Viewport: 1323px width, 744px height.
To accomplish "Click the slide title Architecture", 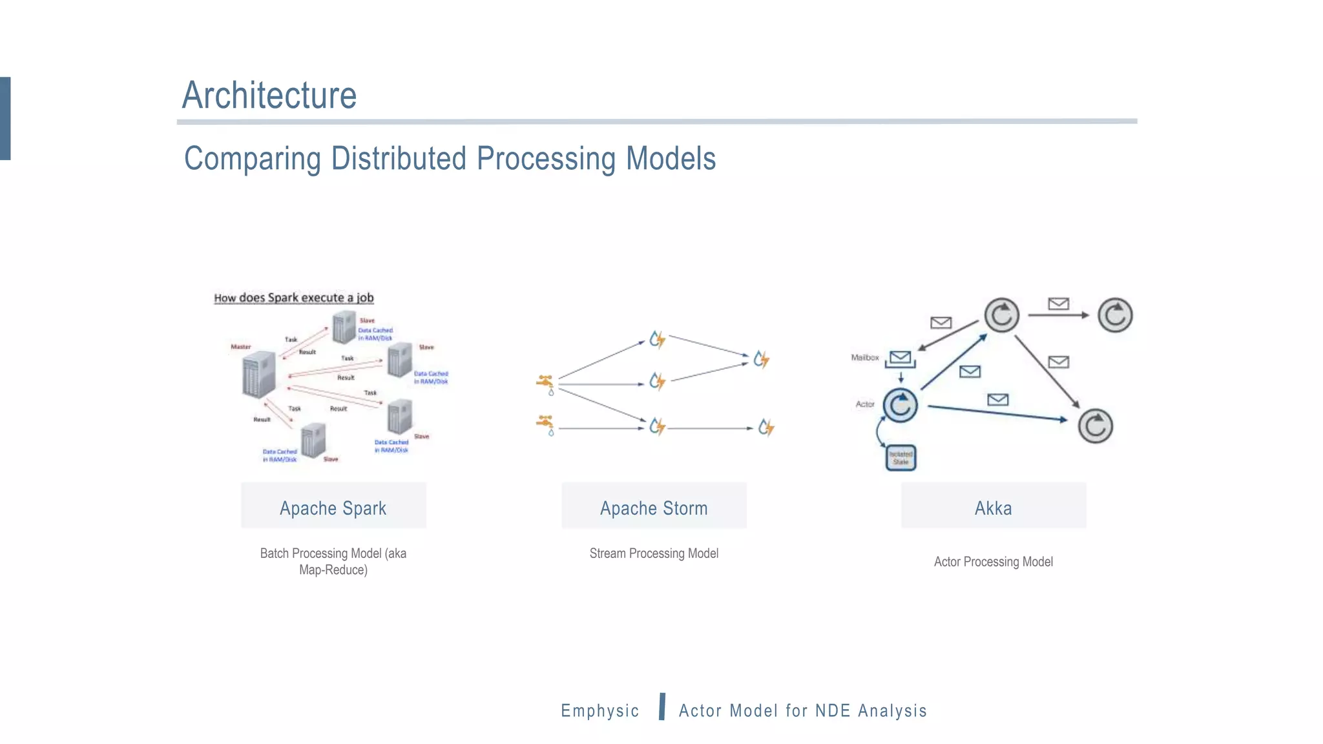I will pos(269,96).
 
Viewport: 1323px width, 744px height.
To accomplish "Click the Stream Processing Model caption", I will pos(654,553).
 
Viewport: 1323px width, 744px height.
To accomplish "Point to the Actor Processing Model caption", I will pos(993,562).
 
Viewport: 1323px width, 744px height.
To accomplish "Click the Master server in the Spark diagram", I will pos(258,375).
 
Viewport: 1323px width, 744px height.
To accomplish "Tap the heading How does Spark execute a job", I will pos(294,298).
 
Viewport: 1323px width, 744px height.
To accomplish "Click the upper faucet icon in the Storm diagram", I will pos(546,383).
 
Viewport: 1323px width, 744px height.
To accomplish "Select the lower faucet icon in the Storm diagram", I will pos(546,424).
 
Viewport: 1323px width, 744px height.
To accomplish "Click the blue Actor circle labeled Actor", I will pos(900,406).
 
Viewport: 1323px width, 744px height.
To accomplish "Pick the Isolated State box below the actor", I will pos(901,458).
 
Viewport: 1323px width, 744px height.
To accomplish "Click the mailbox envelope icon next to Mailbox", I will pos(900,358).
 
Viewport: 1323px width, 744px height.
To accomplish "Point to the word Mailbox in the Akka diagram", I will pos(864,358).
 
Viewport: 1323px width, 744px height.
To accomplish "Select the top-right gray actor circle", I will pos(1115,315).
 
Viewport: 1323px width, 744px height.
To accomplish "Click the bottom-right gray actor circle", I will pos(1095,426).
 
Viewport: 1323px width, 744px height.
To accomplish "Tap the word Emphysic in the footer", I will pos(599,710).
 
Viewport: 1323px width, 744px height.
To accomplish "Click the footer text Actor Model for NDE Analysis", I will pos(802,710).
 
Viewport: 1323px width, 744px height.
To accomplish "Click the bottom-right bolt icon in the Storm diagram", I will pos(766,427).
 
